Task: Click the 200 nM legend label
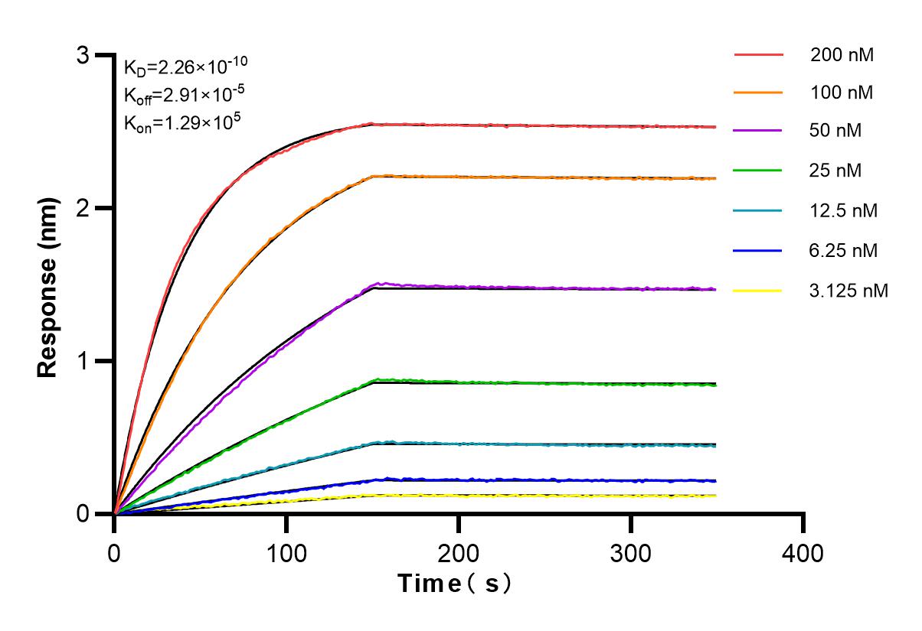click(842, 55)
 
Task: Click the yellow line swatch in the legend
click(758, 291)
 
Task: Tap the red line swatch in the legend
click(758, 55)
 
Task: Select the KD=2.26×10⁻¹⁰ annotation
click(185, 67)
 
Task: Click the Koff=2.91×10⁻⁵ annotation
click(185, 95)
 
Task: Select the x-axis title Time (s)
click(454, 584)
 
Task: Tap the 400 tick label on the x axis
click(803, 553)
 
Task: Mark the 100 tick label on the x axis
click(286, 553)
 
